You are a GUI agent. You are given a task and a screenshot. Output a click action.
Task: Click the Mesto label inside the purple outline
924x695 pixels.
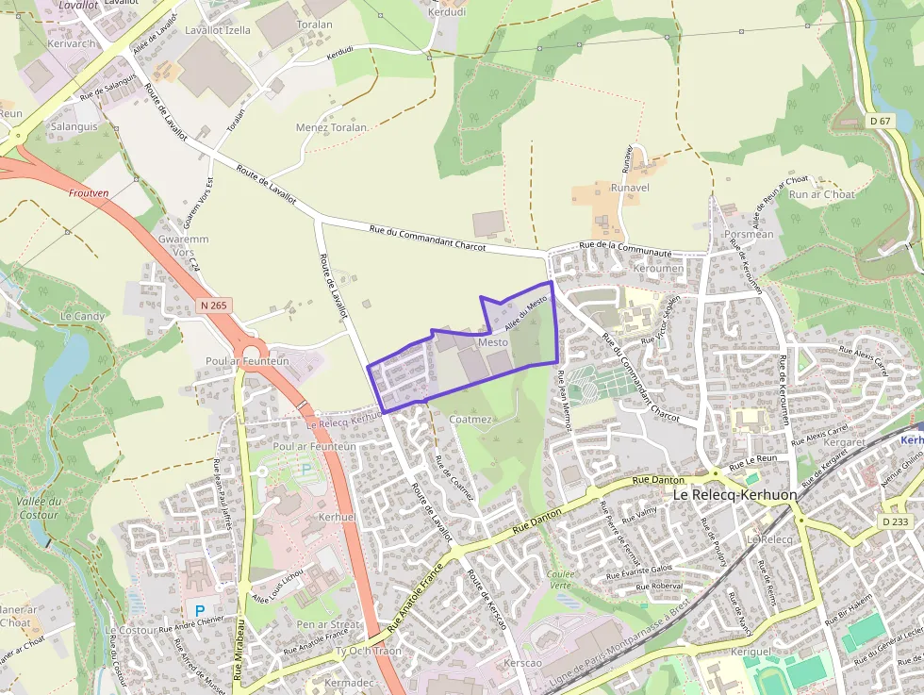(x=493, y=341)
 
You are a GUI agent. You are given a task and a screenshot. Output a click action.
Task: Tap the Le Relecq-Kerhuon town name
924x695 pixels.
(x=734, y=494)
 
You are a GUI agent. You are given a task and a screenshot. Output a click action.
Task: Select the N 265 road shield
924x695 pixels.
(x=214, y=306)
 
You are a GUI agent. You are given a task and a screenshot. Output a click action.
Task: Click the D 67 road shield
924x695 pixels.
(x=880, y=121)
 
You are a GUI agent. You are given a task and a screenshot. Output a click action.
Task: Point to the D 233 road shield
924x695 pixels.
(x=898, y=521)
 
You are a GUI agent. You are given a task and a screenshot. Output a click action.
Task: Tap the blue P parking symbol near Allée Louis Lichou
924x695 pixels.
(x=199, y=610)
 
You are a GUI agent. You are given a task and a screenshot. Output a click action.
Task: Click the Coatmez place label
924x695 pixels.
(x=470, y=419)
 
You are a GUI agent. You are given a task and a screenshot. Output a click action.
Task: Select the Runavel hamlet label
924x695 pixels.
(x=630, y=187)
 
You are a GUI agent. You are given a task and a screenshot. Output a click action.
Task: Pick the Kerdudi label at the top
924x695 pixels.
(x=447, y=12)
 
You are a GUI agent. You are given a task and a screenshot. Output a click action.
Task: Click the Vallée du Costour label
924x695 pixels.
(x=40, y=508)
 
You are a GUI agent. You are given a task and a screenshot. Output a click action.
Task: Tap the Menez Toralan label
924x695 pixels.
(x=331, y=127)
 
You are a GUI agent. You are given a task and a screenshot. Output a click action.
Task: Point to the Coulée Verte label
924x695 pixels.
(x=560, y=579)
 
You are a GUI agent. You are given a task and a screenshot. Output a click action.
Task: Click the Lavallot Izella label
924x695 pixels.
(x=218, y=30)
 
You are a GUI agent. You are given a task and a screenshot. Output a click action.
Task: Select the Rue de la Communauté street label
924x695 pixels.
(x=626, y=249)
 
